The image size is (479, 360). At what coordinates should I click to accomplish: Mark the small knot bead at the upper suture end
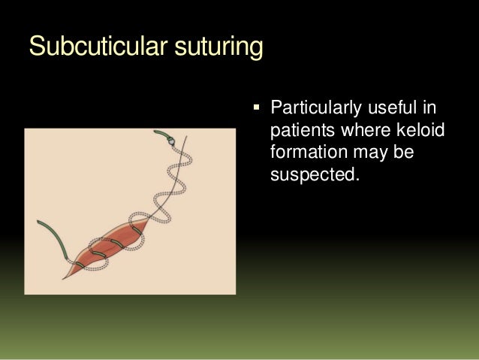[172, 141]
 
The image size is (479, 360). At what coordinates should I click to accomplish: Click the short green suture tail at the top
[161, 135]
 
